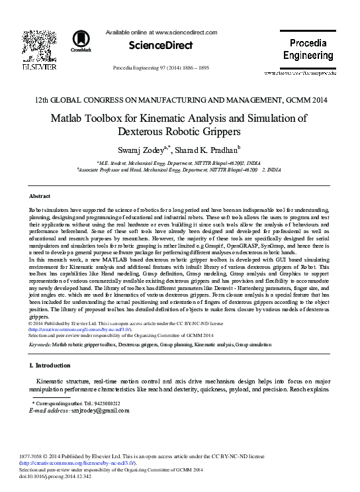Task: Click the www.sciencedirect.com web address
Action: [x=186, y=32]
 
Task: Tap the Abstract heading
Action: [x=40, y=197]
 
